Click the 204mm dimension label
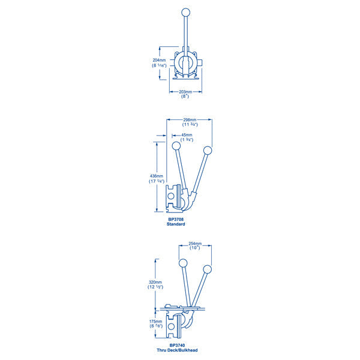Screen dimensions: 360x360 (159, 60)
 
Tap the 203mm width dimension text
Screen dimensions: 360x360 (185, 92)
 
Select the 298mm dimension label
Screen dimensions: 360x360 (190, 120)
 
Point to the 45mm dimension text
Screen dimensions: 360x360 (187, 135)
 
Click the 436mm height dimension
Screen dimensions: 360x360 (157, 176)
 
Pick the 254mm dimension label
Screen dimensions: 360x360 (195, 244)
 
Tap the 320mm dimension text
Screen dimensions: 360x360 (155, 282)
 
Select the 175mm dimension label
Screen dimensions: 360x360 (155, 322)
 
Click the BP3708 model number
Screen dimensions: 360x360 (176, 220)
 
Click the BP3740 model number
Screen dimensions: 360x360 (177, 345)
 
